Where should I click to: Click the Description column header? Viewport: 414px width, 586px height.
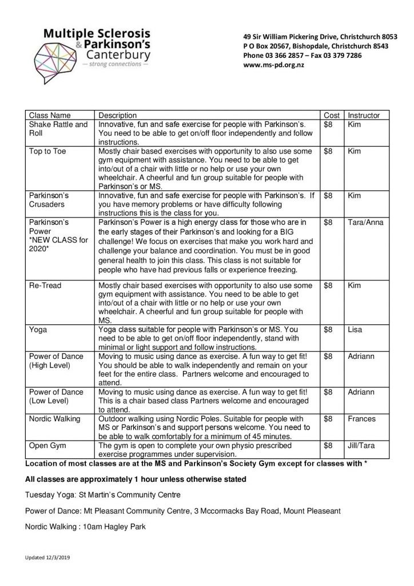coord(118,115)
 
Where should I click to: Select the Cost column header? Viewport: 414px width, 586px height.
coord(332,115)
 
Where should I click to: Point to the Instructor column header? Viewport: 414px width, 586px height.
coord(364,115)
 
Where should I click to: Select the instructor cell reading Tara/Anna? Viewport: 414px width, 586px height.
coord(365,222)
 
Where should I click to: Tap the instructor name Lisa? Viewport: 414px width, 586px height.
coord(355,330)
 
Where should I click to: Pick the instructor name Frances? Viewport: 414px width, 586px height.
coord(361,419)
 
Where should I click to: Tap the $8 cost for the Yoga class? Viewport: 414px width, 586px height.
coord(328,330)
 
